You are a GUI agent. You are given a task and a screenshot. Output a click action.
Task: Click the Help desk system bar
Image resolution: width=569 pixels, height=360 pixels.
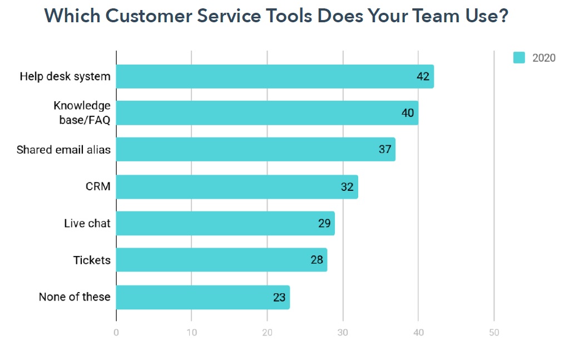tap(275, 76)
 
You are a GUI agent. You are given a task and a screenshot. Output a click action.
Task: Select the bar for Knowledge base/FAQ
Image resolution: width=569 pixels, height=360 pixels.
tap(267, 113)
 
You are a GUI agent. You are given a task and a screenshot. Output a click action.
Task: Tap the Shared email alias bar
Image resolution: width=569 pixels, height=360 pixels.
tap(256, 150)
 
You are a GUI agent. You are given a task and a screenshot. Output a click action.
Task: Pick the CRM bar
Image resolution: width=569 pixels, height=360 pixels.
tap(237, 187)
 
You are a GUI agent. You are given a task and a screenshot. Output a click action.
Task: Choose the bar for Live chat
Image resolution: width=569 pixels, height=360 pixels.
tap(225, 223)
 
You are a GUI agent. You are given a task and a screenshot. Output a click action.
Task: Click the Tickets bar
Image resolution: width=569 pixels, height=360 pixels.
tap(221, 260)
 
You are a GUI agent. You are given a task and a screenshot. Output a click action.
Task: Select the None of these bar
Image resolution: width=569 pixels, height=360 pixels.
tap(203, 297)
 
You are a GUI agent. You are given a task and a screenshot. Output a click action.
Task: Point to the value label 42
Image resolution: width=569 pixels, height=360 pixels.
tap(423, 76)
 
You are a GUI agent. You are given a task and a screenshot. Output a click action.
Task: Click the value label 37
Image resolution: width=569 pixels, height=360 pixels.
tap(385, 150)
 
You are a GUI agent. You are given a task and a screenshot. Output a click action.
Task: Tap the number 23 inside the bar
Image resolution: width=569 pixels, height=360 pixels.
tap(279, 298)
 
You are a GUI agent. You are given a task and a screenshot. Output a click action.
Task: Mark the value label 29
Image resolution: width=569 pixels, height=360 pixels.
tap(324, 224)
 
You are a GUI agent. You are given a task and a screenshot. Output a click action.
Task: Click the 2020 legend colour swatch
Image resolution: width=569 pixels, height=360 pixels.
tap(518, 58)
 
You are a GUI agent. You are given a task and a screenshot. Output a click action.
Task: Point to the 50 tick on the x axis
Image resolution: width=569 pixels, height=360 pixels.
tap(494, 333)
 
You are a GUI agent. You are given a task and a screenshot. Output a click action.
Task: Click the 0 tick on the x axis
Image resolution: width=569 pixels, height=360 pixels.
tap(116, 333)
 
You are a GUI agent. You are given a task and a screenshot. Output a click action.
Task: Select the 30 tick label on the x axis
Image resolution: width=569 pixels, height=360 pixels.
tap(343, 333)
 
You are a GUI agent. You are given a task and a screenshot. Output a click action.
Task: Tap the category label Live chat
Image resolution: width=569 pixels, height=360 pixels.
tap(87, 224)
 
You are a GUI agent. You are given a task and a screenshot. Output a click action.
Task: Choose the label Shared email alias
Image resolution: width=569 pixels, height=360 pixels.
tap(63, 150)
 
